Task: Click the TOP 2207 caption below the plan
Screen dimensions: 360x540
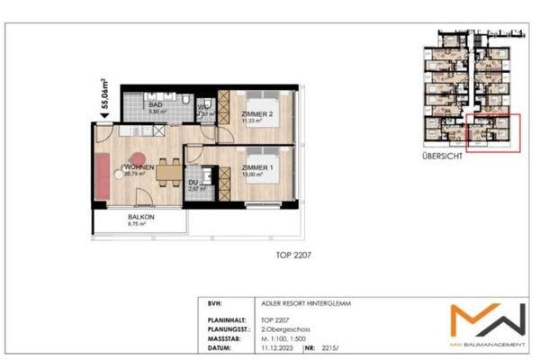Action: point(294,256)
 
